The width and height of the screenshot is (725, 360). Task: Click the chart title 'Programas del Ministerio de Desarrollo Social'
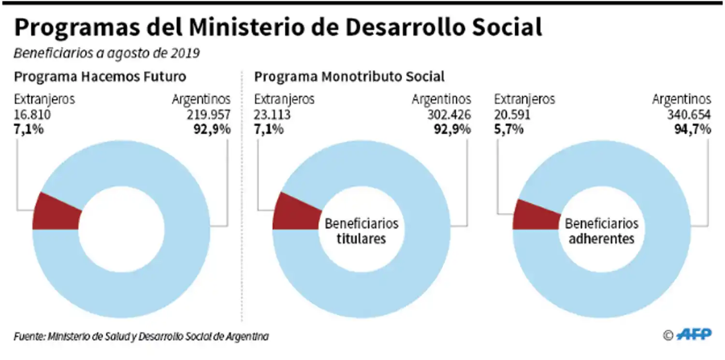pyautogui.click(x=278, y=28)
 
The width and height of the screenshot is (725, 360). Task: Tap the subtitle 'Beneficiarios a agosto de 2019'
pyautogui.click(x=106, y=53)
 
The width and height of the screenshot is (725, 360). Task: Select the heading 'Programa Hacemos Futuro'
pyautogui.click(x=100, y=77)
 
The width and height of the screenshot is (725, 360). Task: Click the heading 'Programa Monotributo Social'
pyautogui.click(x=349, y=77)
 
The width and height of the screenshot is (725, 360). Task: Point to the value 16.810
pyautogui.click(x=32, y=115)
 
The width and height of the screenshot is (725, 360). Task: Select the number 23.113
pyautogui.click(x=272, y=115)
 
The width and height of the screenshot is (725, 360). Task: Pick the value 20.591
pyautogui.click(x=512, y=115)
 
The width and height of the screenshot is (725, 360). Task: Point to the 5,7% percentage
pyautogui.click(x=508, y=130)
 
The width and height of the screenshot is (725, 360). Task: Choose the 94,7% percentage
pyautogui.click(x=693, y=130)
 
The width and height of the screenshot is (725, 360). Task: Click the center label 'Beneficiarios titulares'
pyautogui.click(x=362, y=231)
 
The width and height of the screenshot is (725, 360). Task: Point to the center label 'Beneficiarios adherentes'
pyautogui.click(x=601, y=231)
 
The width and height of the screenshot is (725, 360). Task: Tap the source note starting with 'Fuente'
pyautogui.click(x=141, y=336)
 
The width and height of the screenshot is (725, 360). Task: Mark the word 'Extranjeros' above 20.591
pyautogui.click(x=524, y=100)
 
